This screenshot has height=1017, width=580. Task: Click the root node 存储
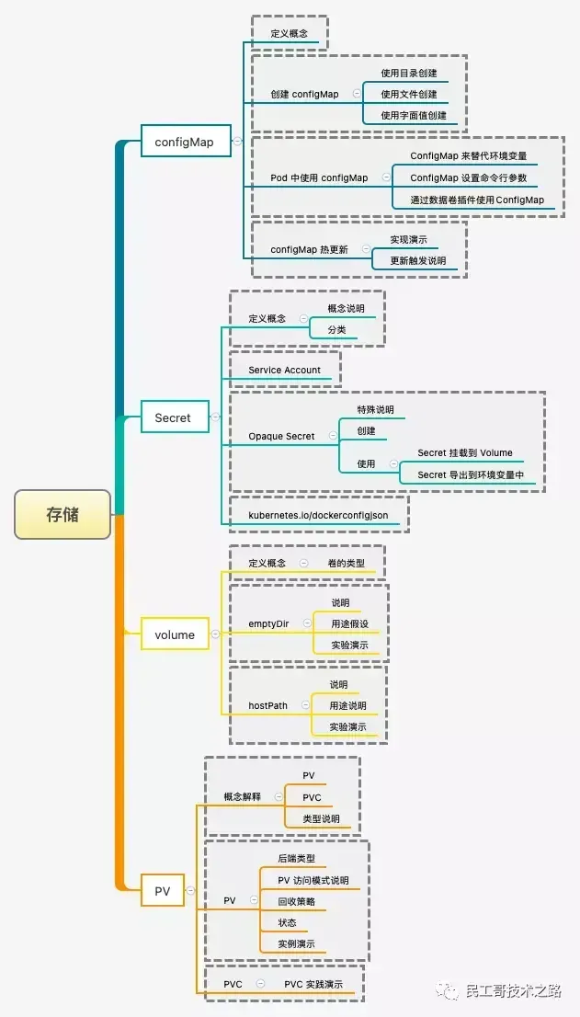pyautogui.click(x=63, y=514)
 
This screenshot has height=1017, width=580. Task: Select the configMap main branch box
pyautogui.click(x=184, y=142)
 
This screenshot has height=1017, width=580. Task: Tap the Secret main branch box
pyautogui.click(x=173, y=417)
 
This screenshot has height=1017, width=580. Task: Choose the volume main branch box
pyautogui.click(x=175, y=634)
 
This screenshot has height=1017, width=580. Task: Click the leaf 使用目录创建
pyautogui.click(x=409, y=73)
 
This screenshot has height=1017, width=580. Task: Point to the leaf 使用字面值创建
pyautogui.click(x=414, y=115)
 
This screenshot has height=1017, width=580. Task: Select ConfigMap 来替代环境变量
pyautogui.click(x=469, y=155)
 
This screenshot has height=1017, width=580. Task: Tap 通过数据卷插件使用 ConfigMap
pyautogui.click(x=476, y=200)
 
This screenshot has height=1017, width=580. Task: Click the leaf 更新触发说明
pyautogui.click(x=417, y=260)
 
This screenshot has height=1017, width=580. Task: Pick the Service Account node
pyautogui.click(x=284, y=370)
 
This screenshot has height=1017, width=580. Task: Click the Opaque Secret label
pyautogui.click(x=281, y=436)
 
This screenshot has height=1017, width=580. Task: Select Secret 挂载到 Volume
pyautogui.click(x=465, y=452)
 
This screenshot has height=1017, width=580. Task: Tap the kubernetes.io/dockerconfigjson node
pyautogui.click(x=318, y=515)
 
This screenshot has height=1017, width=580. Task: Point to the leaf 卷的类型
pyautogui.click(x=346, y=563)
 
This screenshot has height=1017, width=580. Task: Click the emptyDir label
pyautogui.click(x=268, y=623)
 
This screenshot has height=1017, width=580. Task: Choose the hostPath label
pyautogui.click(x=267, y=705)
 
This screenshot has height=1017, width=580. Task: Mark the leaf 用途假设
pyautogui.click(x=349, y=623)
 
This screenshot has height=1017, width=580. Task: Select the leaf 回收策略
pyautogui.click(x=296, y=901)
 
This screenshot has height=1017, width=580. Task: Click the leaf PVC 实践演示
pyautogui.click(x=313, y=984)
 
